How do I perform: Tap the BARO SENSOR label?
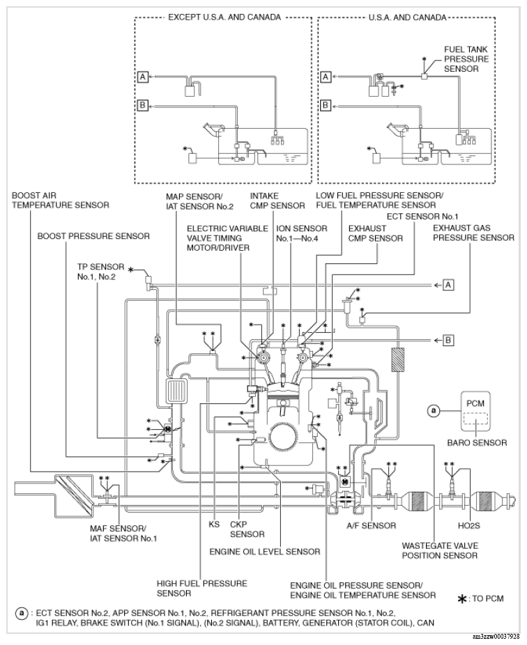pyautogui.click(x=478, y=442)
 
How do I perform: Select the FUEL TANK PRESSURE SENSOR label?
pyautogui.click(x=466, y=59)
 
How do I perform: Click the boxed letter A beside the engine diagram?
pyautogui.click(x=448, y=285)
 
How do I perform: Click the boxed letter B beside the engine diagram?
pyautogui.click(x=448, y=340)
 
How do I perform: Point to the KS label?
pyautogui.click(x=215, y=524)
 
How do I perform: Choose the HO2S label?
pyautogui.click(x=469, y=526)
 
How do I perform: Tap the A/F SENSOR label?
pyautogui.click(x=371, y=526)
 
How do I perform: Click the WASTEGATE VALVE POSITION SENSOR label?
pyautogui.click(x=440, y=551)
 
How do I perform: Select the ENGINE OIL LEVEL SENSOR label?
pyautogui.click(x=265, y=552)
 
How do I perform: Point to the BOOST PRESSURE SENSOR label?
pyautogui.click(x=93, y=236)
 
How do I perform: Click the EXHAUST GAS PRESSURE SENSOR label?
pyautogui.click(x=473, y=233)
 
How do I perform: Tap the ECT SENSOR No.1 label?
pyautogui.click(x=422, y=217)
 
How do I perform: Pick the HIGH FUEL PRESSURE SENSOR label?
pyautogui.click(x=201, y=589)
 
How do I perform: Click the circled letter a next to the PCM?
pyautogui.click(x=433, y=410)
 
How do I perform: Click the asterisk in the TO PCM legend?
pyautogui.click(x=463, y=599)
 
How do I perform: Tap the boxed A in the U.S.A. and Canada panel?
pyautogui.click(x=326, y=77)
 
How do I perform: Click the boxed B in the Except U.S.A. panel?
pyautogui.click(x=142, y=106)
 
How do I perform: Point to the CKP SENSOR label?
pyautogui.click(x=247, y=529)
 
